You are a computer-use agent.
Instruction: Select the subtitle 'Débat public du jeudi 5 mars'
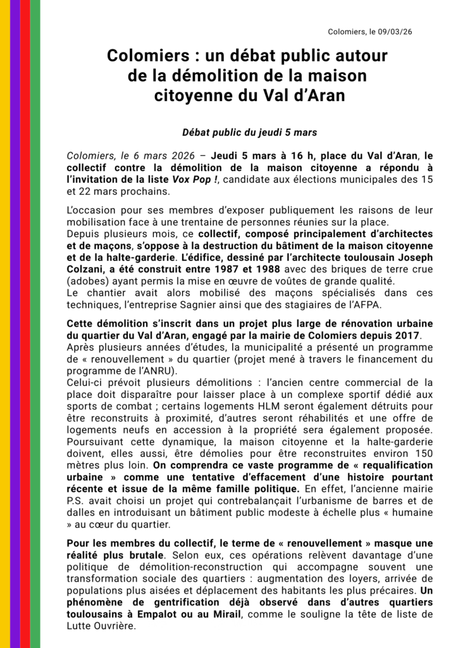click(x=249, y=133)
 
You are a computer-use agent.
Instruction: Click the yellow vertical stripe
click(x=5, y=324)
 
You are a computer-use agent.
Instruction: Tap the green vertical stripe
click(x=35, y=324)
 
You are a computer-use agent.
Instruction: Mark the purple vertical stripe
click(x=15, y=324)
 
